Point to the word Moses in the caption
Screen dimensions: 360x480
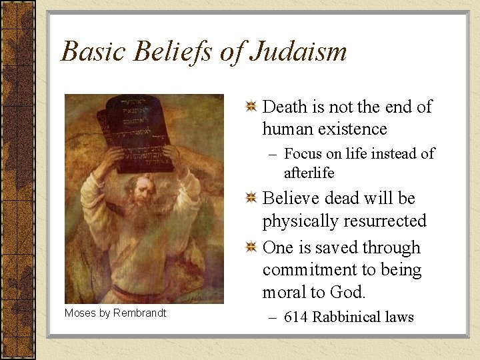tap(79, 313)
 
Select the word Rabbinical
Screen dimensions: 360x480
tap(343, 317)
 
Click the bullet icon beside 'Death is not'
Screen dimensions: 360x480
tap(251, 107)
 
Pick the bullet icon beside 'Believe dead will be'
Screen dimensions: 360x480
tap(251, 199)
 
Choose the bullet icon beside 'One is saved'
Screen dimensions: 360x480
tap(251, 248)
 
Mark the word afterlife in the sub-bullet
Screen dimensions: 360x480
tap(309, 173)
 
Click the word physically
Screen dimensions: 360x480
tap(299, 221)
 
